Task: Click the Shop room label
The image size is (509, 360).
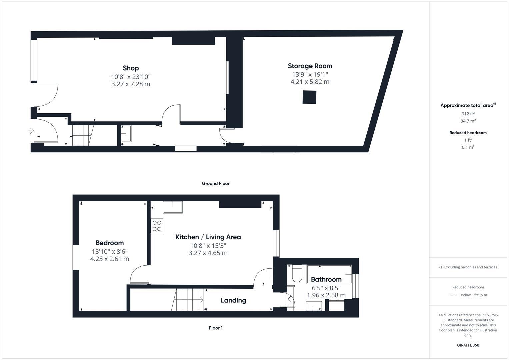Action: point(131,68)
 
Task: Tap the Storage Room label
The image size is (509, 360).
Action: point(310,66)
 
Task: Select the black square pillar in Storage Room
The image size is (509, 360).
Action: point(309,97)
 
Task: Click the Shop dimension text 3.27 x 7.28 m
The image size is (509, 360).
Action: point(131,84)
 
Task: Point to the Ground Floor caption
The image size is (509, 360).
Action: point(215,183)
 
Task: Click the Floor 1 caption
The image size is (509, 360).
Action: point(216,328)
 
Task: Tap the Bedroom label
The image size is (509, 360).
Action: point(109,243)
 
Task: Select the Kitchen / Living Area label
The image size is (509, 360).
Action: point(208,237)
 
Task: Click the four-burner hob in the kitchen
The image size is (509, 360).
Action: point(157,226)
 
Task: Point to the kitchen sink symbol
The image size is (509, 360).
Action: point(173,207)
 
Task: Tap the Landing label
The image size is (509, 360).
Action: point(233,300)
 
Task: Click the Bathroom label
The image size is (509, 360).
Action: point(326,279)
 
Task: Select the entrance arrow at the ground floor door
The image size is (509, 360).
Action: point(31,131)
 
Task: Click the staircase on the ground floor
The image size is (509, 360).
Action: point(82,135)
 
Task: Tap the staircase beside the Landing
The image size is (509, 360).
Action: point(188,299)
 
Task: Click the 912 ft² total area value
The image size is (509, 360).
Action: point(468,114)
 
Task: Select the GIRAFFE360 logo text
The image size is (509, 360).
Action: point(468,345)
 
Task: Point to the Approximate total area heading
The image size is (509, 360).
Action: point(468,105)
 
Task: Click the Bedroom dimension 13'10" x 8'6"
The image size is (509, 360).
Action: point(109,251)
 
